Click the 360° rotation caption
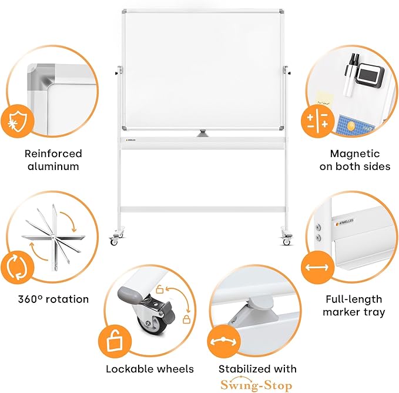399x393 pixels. (x=53, y=299)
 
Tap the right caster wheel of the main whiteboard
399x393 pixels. (x=287, y=241)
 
